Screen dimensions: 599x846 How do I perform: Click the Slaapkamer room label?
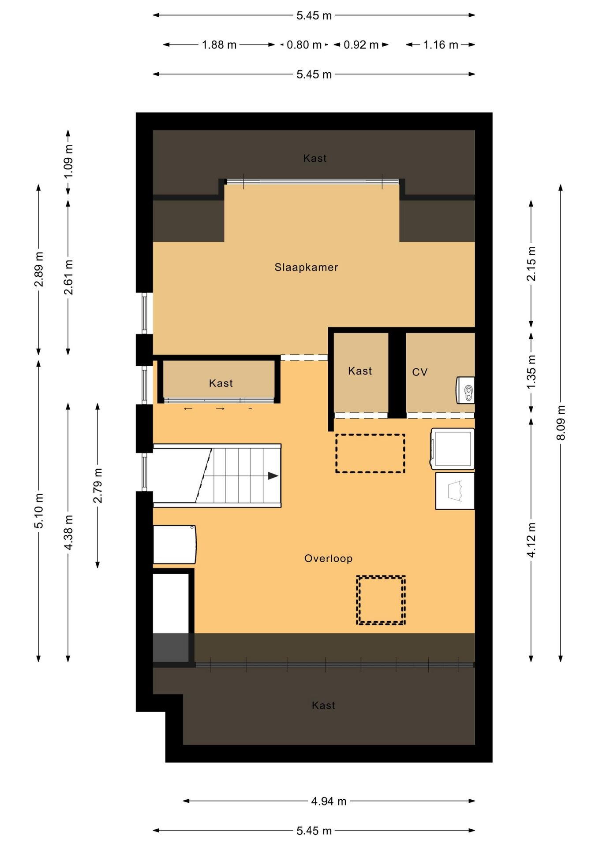pos(306,267)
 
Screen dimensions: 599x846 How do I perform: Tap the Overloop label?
pos(329,559)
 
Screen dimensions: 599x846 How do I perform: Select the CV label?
pos(420,372)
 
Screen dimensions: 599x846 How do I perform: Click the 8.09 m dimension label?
pos(561,423)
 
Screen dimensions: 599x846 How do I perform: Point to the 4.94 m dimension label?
pos(329,801)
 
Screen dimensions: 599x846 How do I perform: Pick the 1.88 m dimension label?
pos(219,45)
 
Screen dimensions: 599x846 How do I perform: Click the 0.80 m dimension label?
pos(304,45)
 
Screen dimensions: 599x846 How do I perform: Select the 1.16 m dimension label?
pos(441,45)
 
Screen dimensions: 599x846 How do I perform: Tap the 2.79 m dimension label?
pos(97,486)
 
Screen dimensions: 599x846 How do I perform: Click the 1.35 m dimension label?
pos(531,371)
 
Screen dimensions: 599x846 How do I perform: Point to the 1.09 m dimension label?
pos(68,161)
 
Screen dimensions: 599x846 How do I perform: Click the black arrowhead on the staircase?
pos(273,476)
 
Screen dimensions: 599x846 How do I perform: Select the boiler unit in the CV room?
pos(465,390)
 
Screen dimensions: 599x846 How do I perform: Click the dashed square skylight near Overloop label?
pos(381,600)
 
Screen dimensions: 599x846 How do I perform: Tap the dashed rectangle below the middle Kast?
pos(370,453)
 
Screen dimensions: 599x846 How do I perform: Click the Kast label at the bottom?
pos(323,705)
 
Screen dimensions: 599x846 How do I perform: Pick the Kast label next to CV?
pos(360,371)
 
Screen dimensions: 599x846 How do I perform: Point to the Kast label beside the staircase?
pos(221,383)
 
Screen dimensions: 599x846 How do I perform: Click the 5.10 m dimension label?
pos(39,511)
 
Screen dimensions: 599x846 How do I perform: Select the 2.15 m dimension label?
pos(531,263)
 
